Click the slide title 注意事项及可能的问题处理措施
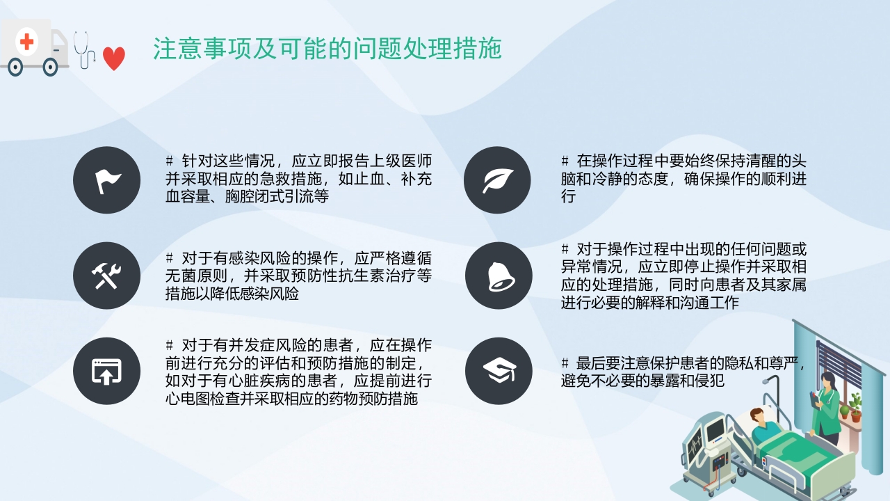327,49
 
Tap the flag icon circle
107,180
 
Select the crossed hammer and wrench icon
107,276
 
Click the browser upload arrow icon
107,371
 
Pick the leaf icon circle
498,180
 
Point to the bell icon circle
498,276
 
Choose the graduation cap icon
498,371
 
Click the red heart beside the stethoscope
114,58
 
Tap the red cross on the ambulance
26,42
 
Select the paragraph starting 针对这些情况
298,179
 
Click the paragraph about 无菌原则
298,276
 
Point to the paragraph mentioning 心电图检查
298,372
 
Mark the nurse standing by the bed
827,407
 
